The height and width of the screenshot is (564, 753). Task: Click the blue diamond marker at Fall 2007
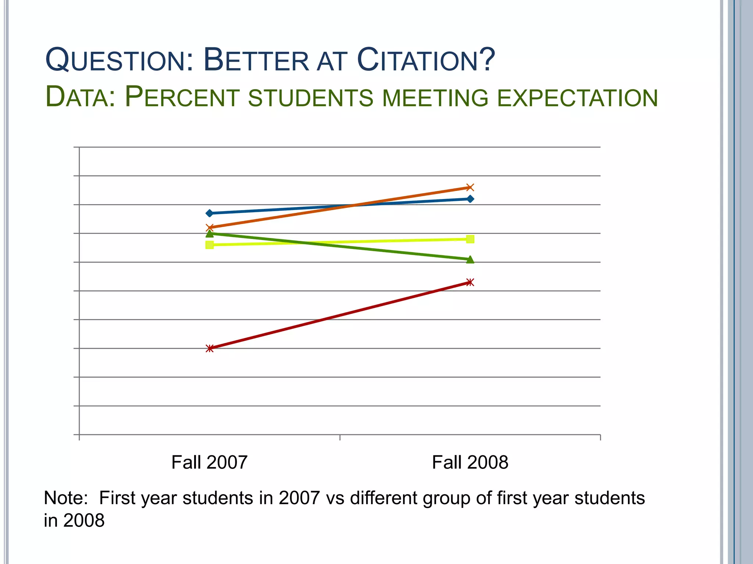[210, 213]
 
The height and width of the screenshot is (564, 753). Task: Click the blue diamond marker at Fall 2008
[470, 199]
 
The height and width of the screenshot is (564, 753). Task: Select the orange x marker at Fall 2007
[210, 228]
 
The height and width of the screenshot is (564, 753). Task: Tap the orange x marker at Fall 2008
[470, 188]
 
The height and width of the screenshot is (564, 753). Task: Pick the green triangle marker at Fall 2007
[210, 234]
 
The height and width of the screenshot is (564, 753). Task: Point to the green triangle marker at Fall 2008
[470, 260]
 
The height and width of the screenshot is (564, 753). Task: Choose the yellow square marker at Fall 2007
[210, 245]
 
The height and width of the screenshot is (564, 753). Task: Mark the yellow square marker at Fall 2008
[470, 239]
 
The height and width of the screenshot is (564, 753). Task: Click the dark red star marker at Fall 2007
[210, 348]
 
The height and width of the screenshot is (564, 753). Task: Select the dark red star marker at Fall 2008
[470, 282]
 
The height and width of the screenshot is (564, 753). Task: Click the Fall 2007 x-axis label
[209, 462]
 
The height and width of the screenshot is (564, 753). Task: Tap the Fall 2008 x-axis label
[470, 462]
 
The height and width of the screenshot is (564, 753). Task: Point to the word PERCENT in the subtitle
[182, 98]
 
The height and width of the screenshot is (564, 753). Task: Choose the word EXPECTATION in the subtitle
[577, 98]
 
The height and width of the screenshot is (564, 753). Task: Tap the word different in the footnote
[383, 498]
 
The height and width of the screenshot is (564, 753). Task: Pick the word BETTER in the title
[256, 60]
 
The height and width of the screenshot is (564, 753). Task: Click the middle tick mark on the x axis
[340, 437]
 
